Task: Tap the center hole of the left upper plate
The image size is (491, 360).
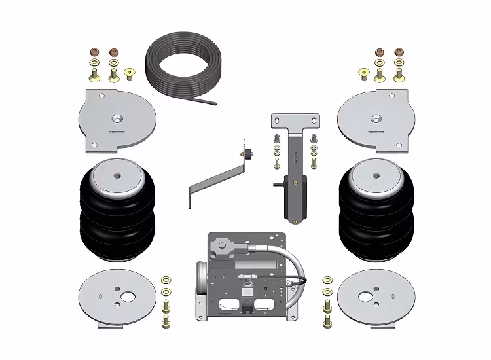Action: point(117,118)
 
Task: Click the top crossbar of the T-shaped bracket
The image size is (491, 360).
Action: point(295,121)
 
